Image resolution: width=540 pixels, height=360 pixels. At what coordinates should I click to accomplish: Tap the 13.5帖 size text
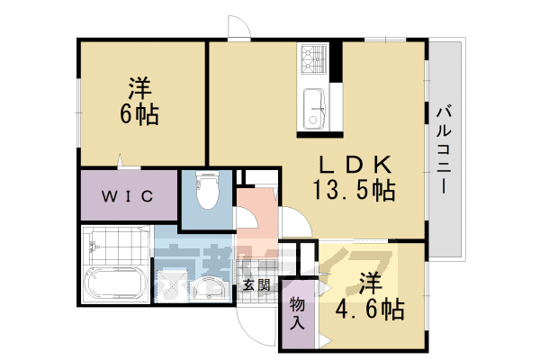click(x=354, y=190)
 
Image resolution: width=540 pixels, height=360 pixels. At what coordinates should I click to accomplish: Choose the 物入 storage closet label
click(x=297, y=312)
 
